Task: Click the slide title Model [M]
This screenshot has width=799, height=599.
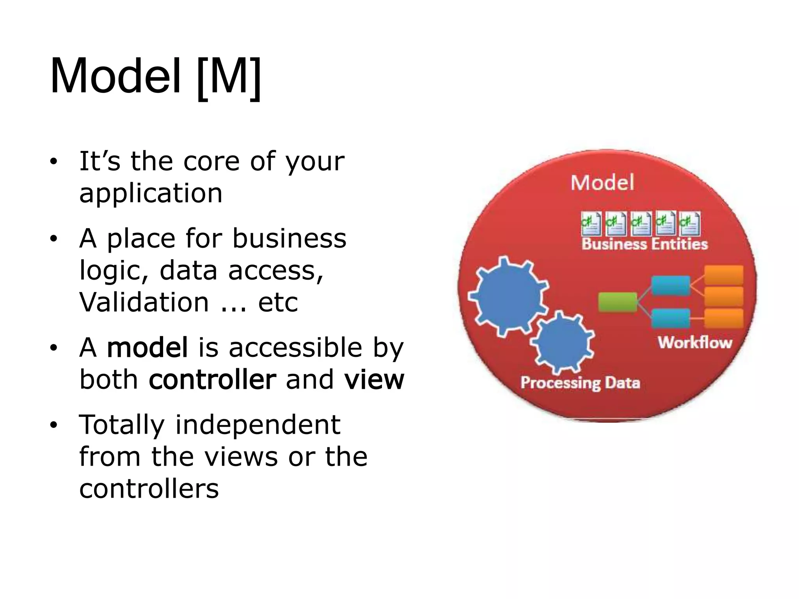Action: (155, 77)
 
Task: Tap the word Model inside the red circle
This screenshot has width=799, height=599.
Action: (602, 183)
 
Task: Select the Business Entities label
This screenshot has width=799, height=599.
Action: (645, 244)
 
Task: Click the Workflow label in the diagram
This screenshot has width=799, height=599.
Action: (695, 342)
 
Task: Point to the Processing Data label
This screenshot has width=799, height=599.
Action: (580, 383)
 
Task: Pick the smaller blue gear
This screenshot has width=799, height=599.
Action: (562, 342)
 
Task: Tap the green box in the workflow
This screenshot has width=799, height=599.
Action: (618, 302)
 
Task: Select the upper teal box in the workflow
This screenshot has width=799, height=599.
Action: (670, 285)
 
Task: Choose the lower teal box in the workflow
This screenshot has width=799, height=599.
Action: (670, 318)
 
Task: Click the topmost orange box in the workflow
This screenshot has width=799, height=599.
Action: (724, 275)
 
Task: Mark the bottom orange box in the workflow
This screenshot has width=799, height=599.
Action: (724, 318)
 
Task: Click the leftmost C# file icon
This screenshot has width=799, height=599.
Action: (591, 223)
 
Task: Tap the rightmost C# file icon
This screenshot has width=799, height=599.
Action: (689, 223)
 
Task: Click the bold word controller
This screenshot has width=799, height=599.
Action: (213, 379)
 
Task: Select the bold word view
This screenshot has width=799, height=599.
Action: (374, 379)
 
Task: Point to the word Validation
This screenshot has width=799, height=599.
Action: (144, 302)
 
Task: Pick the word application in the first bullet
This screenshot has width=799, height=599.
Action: (151, 193)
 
